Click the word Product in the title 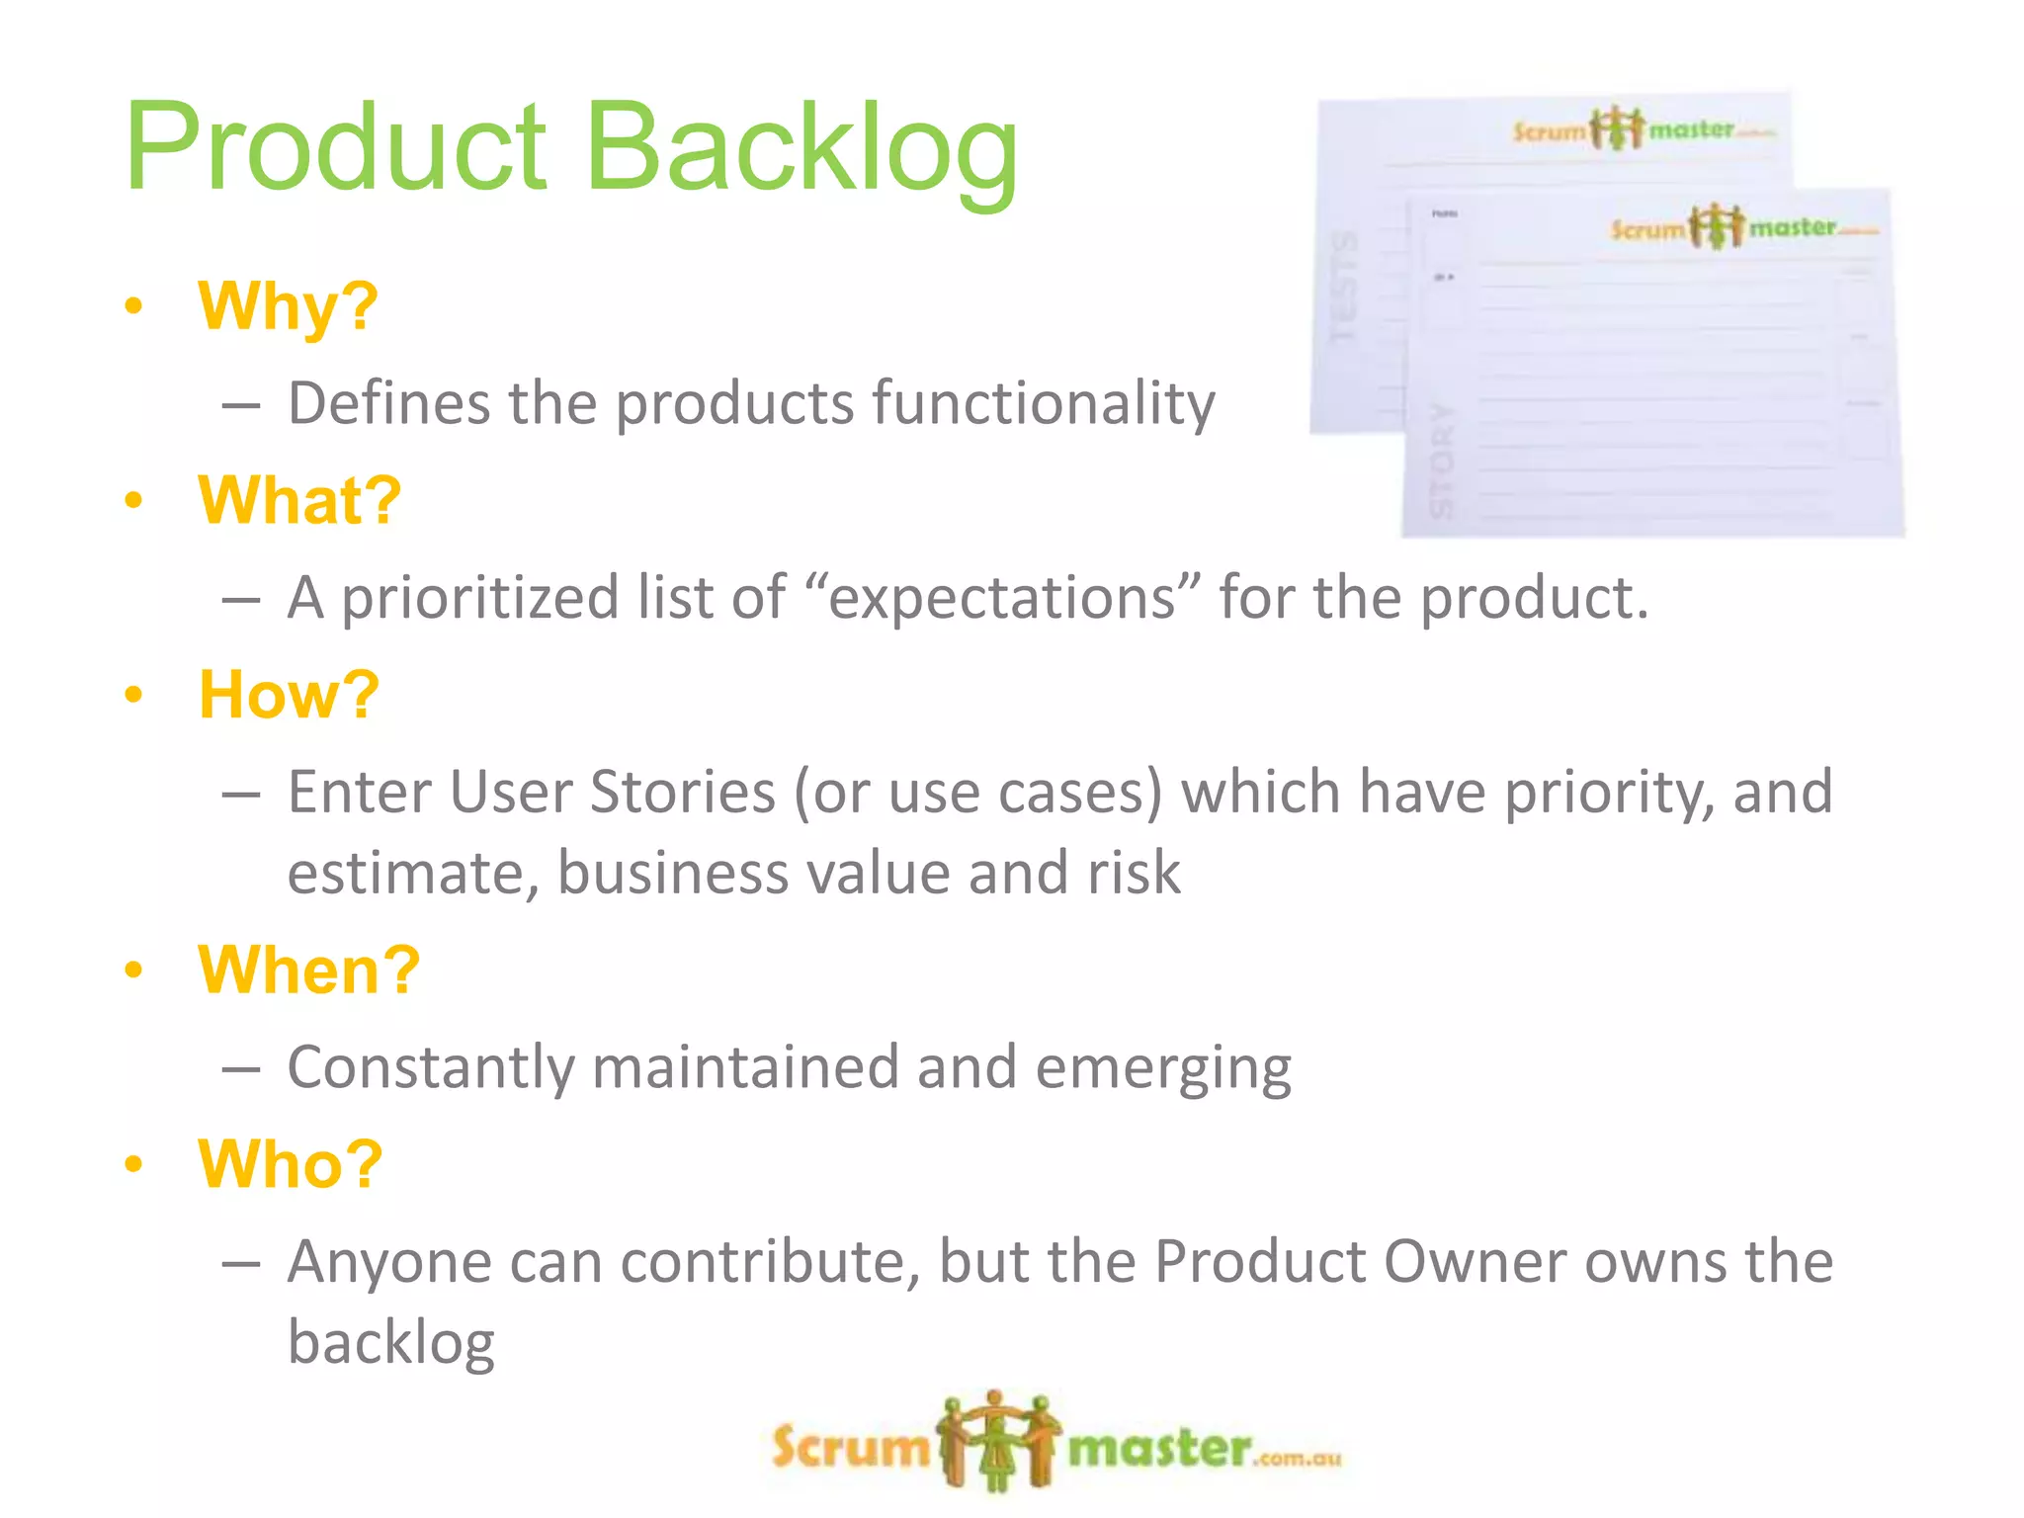[336, 148]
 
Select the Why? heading [288, 306]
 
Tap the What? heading [299, 500]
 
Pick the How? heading [289, 695]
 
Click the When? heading [309, 970]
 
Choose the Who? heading [291, 1164]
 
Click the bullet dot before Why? [134, 306]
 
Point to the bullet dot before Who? [134, 1164]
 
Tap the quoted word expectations [1003, 599]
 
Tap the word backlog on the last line [390, 1343]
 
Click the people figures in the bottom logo [997, 1441]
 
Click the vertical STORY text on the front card [1444, 461]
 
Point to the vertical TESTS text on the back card [1345, 287]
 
